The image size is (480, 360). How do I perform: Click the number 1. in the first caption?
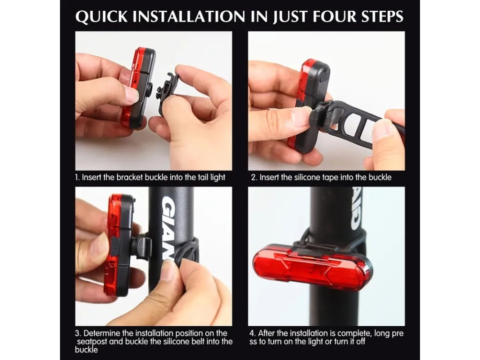[x=77, y=177]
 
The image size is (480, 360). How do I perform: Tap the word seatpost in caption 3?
[x=92, y=341]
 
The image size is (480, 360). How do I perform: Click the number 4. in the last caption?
[x=253, y=333]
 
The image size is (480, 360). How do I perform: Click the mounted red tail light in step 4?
[x=312, y=267]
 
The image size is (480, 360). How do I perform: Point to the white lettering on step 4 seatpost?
[x=356, y=209]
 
